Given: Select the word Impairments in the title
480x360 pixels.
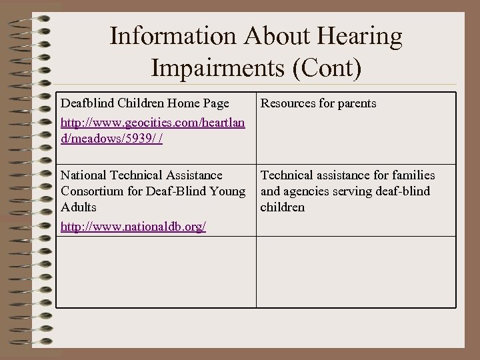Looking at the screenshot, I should click(x=219, y=68).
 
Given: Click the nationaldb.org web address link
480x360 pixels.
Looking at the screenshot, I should click(x=133, y=227).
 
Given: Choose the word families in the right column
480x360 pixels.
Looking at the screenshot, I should click(x=412, y=175).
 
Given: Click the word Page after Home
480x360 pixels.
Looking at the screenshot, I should click(x=216, y=103).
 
